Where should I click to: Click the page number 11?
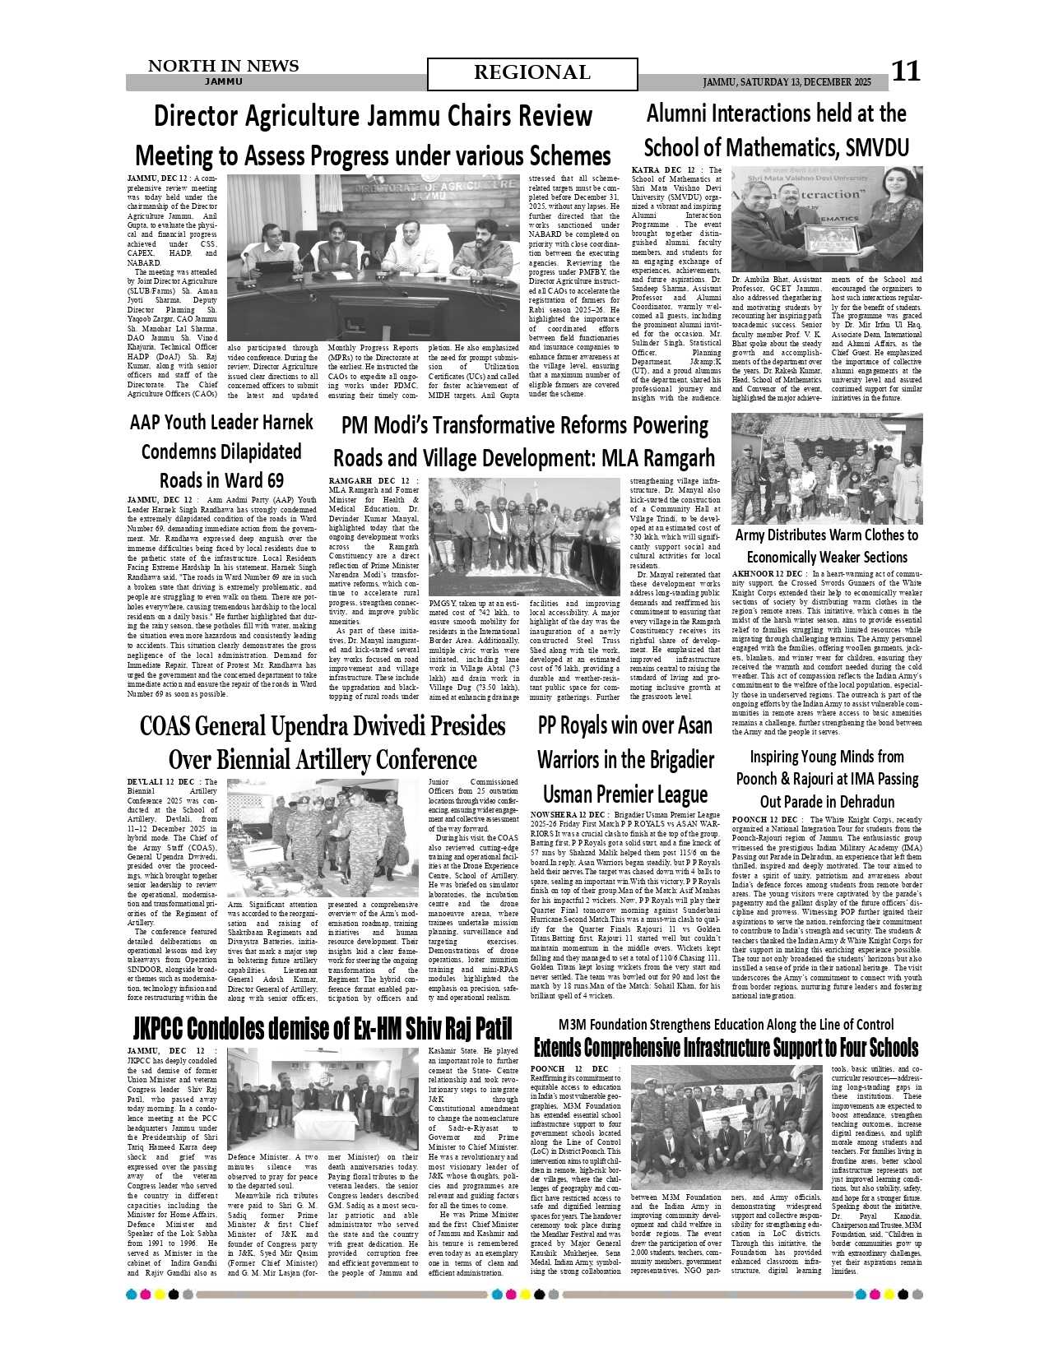(x=906, y=72)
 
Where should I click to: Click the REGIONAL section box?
(x=532, y=74)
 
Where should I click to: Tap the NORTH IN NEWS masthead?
(x=223, y=67)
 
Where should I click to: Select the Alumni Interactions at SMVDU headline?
(x=776, y=130)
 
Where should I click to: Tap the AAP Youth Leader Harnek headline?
(x=221, y=451)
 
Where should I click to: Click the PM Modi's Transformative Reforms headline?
(x=524, y=441)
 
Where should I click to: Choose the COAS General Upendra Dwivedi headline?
(x=323, y=742)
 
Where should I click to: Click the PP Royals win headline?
(x=625, y=760)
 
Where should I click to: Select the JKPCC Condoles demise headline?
(x=323, y=1029)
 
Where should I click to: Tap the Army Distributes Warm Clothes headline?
(x=826, y=546)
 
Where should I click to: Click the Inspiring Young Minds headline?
(x=826, y=778)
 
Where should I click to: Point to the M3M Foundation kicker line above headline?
(x=726, y=1025)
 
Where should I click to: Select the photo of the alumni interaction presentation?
(x=826, y=219)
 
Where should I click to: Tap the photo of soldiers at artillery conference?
(x=323, y=838)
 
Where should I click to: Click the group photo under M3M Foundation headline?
(x=726, y=1126)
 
